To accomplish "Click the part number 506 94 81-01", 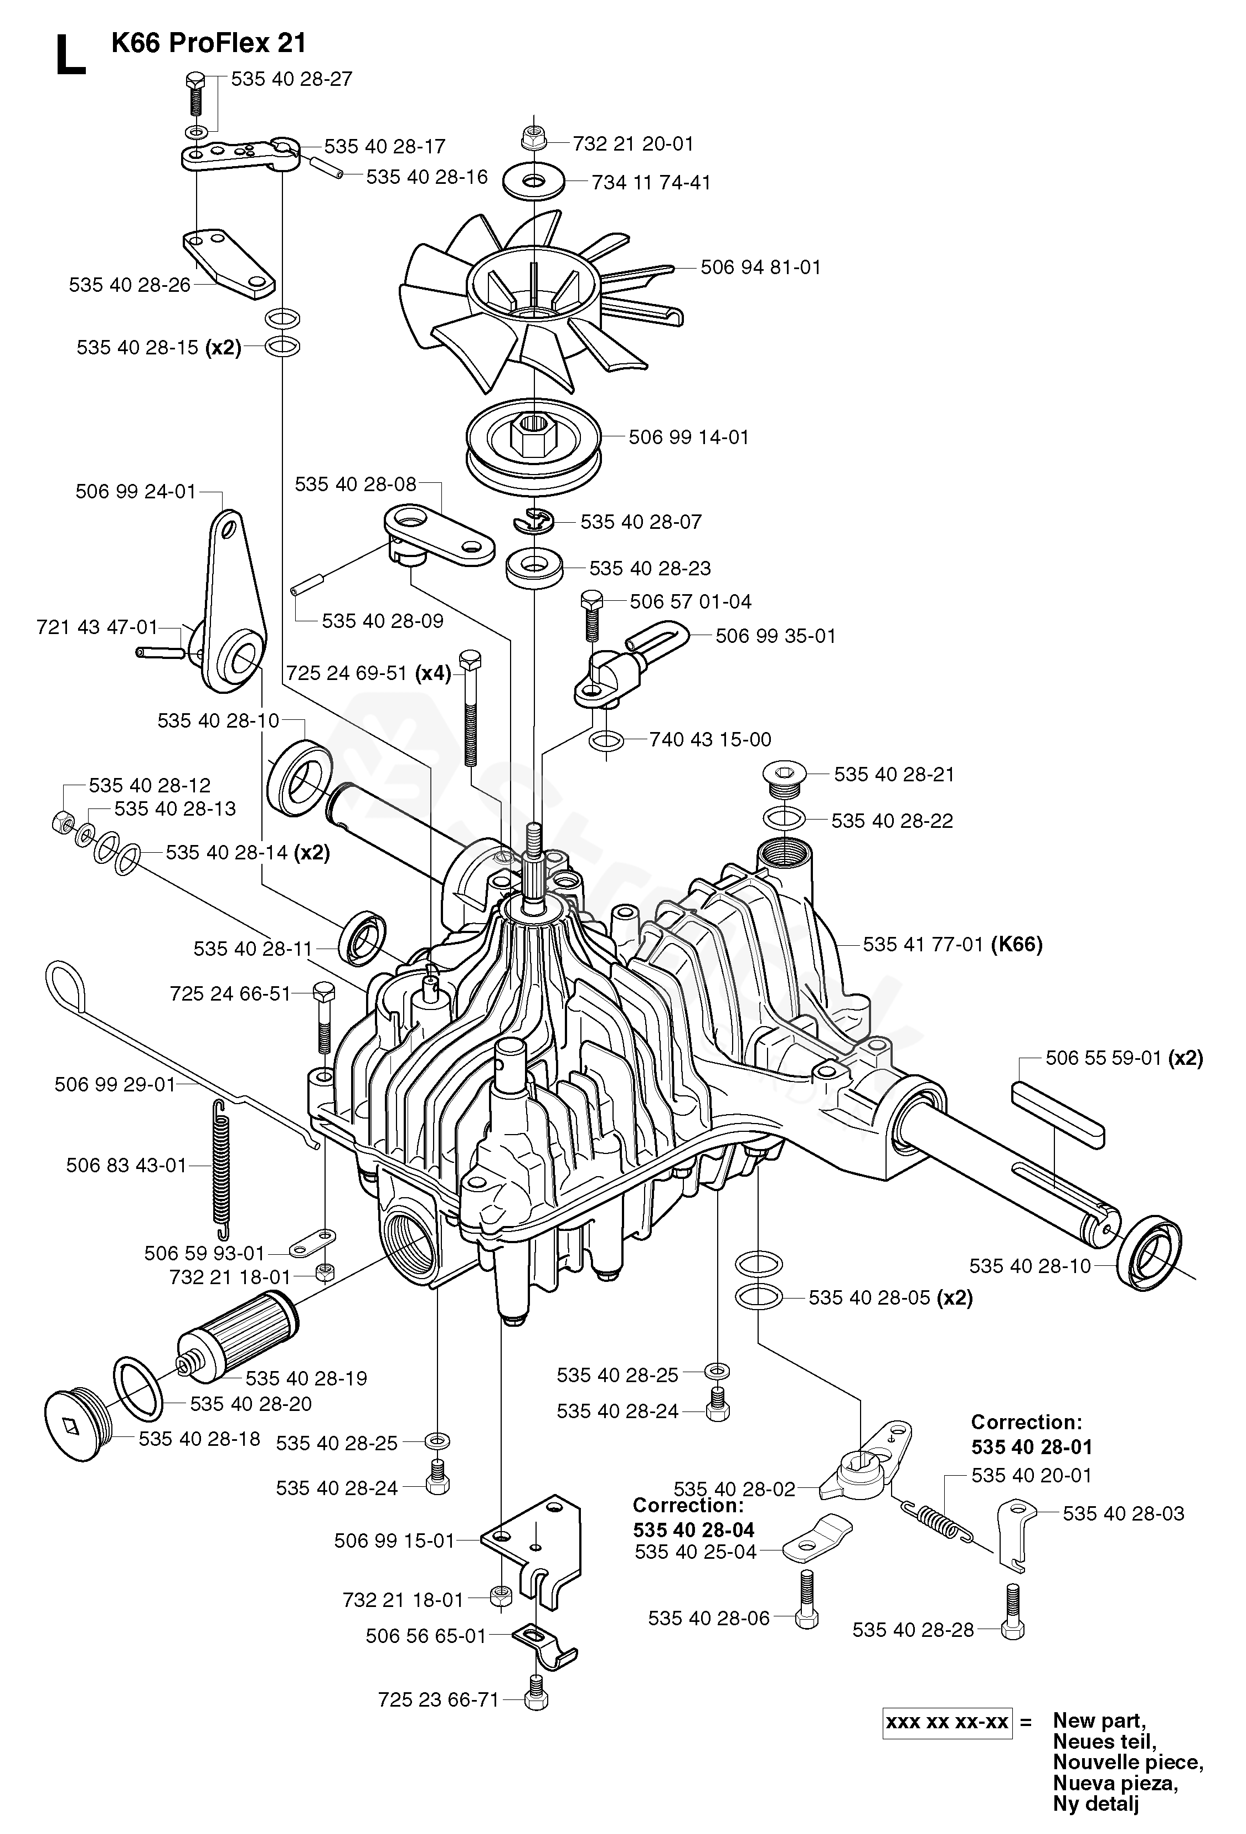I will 761,267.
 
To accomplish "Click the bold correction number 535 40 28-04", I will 694,1529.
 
